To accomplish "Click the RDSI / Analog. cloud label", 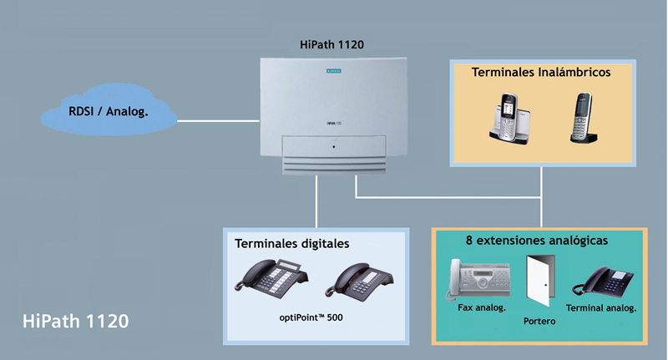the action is click(x=109, y=112).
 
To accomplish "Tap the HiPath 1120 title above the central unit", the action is click(x=331, y=45).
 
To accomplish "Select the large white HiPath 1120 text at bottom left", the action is click(x=76, y=322).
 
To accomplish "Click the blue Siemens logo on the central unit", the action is click(x=333, y=71).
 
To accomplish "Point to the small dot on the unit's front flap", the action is click(x=333, y=146).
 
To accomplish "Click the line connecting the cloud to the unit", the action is click(x=218, y=121).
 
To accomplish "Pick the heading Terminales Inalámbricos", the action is click(x=541, y=73).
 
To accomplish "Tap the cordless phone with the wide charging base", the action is click(x=509, y=119).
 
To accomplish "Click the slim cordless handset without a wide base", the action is click(x=583, y=118).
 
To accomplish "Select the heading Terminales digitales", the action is click(x=291, y=244).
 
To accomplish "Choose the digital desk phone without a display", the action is click(x=360, y=281).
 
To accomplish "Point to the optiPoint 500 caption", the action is click(x=311, y=317).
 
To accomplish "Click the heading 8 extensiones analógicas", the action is click(x=537, y=241).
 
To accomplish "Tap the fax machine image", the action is click(x=478, y=279).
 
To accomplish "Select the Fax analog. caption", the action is click(x=482, y=307).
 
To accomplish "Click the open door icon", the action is click(x=540, y=281).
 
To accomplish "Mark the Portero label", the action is click(x=539, y=322).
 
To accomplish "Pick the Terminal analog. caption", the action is click(x=601, y=308).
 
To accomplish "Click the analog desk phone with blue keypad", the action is click(x=603, y=281).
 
